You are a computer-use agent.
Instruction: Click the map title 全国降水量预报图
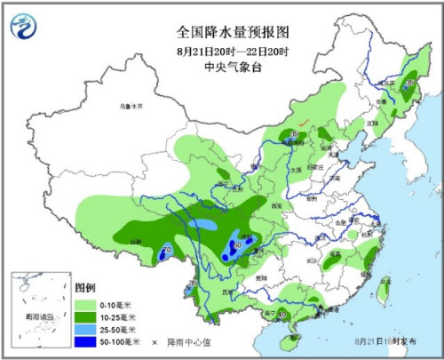tap(234, 30)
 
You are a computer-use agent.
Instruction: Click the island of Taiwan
tap(385, 287)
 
